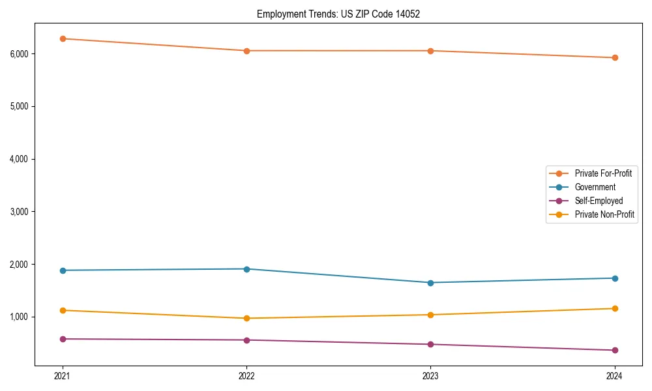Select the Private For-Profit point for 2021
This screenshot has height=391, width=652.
pos(63,38)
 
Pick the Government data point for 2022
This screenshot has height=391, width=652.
pos(246,268)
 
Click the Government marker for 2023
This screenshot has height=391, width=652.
pos(430,282)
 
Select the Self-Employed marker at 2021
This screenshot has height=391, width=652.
pos(63,339)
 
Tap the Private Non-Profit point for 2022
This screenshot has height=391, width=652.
pos(246,318)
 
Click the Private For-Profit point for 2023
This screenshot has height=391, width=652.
pos(430,50)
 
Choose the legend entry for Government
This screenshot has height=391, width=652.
pos(595,187)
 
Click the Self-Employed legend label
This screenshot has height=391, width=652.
pos(599,201)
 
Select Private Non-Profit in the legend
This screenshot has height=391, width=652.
pos(604,214)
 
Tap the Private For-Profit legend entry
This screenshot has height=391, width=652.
pos(603,173)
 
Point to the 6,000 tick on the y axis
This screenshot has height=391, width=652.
pos(19,53)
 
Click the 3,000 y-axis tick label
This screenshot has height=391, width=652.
pos(19,212)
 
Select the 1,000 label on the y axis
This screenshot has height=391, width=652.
pos(19,317)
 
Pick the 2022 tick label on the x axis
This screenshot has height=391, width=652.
pos(246,375)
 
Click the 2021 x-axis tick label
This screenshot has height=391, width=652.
pos(63,375)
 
